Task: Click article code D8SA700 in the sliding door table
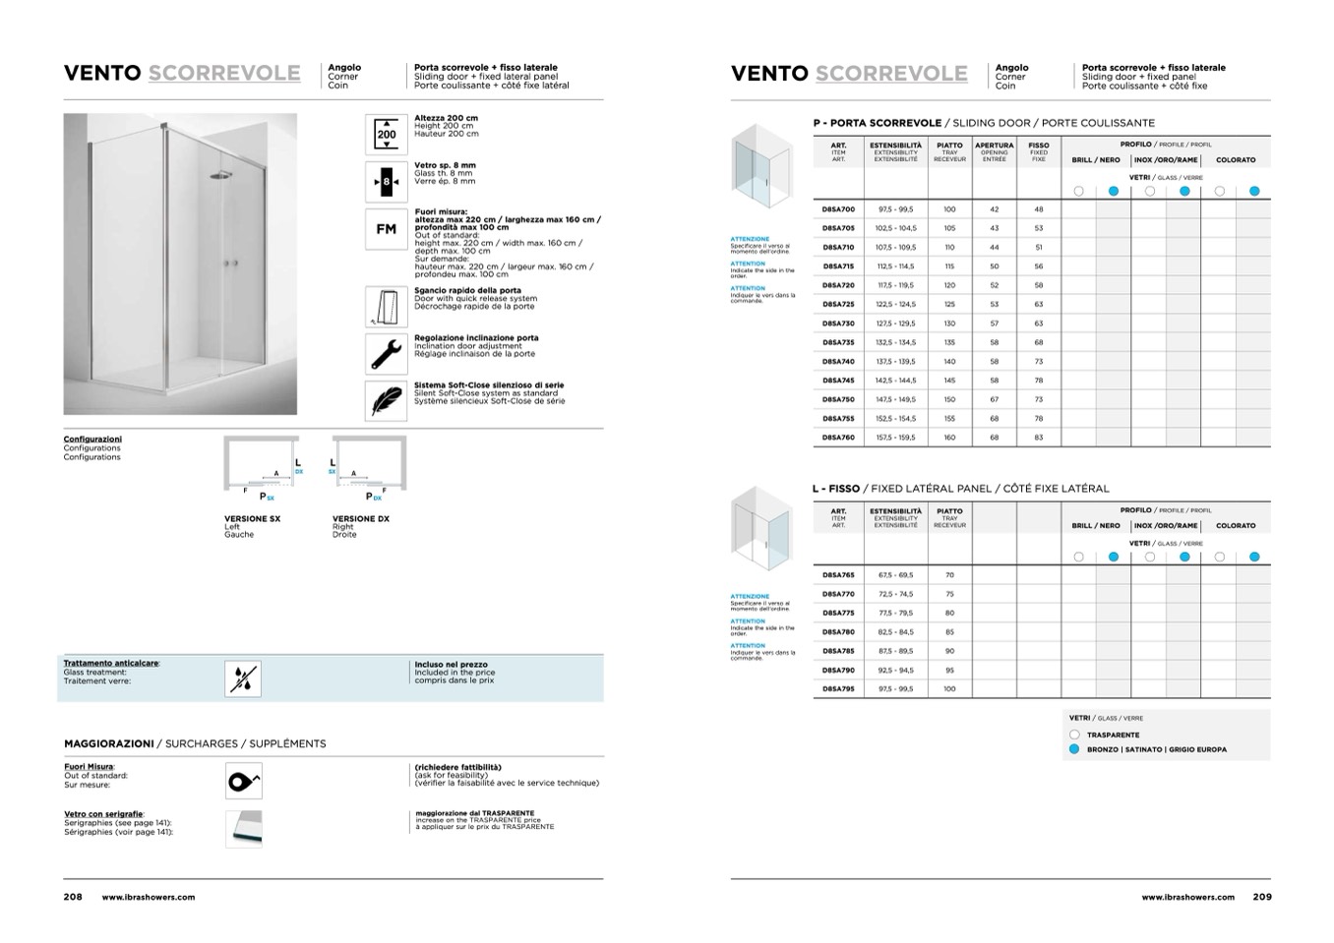(x=838, y=209)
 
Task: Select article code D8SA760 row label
(x=838, y=438)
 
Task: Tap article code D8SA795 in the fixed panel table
(x=838, y=689)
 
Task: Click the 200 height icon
(x=387, y=135)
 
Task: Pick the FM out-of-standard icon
(x=387, y=229)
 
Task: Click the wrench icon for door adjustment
(x=387, y=353)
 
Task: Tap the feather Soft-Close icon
(x=387, y=400)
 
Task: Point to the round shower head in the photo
(x=216, y=176)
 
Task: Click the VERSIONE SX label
(x=252, y=519)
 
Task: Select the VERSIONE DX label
(x=360, y=519)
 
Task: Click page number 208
(x=73, y=897)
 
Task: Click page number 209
(x=1262, y=897)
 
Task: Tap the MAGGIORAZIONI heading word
(x=109, y=744)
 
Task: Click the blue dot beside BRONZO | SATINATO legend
(x=1074, y=749)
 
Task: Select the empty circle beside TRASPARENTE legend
(x=1074, y=735)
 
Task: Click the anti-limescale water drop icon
(x=243, y=678)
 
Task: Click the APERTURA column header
(x=994, y=146)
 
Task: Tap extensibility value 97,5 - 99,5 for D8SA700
(x=895, y=209)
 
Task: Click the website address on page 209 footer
(x=1187, y=898)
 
